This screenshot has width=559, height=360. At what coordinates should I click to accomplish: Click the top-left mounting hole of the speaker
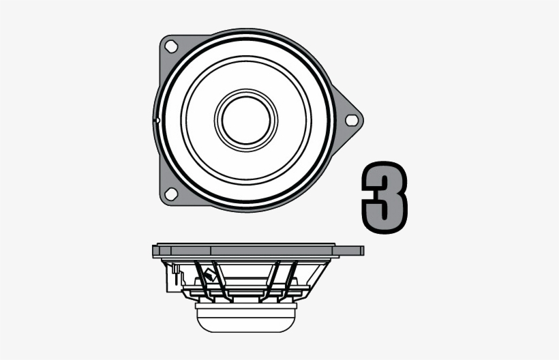pyautogui.click(x=170, y=46)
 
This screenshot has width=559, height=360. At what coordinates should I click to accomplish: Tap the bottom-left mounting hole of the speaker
pyautogui.click(x=170, y=194)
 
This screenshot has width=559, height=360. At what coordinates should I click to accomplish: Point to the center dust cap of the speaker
pyautogui.click(x=246, y=120)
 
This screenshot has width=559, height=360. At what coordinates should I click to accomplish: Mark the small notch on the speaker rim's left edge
pyautogui.click(x=157, y=121)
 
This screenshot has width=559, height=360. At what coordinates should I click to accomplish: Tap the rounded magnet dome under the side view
pyautogui.click(x=245, y=314)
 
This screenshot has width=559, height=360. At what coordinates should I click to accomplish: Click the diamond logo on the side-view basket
pyautogui.click(x=208, y=277)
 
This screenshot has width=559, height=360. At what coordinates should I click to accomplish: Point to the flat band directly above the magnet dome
pyautogui.click(x=245, y=301)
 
